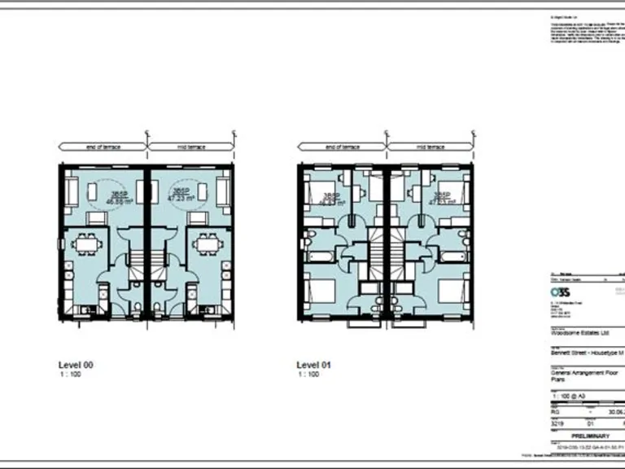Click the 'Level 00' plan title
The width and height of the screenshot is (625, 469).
pos(76,366)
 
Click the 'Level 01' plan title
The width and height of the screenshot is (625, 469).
pos(314,366)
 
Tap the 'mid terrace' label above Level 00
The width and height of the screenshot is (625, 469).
pos(190,147)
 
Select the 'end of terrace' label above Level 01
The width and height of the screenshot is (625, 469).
pos(342,147)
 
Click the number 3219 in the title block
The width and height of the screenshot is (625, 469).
pos(557,423)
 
